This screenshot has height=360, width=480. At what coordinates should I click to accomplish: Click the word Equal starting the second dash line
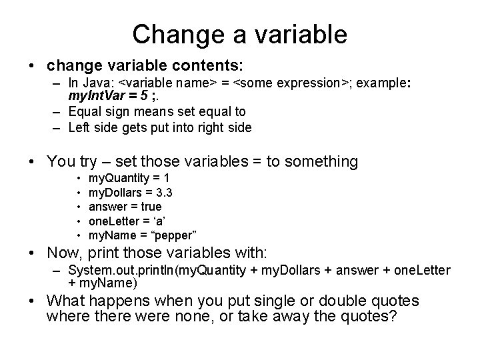click(x=84, y=112)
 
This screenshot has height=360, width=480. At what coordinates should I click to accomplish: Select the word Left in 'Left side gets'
click(x=80, y=127)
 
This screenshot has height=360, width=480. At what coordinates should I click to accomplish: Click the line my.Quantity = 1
click(x=129, y=179)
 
